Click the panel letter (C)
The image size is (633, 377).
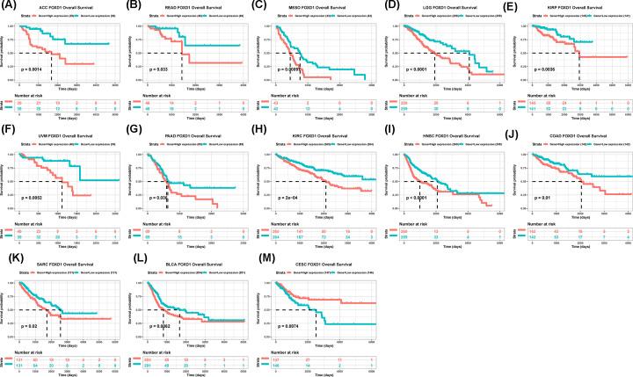click(x=263, y=6)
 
